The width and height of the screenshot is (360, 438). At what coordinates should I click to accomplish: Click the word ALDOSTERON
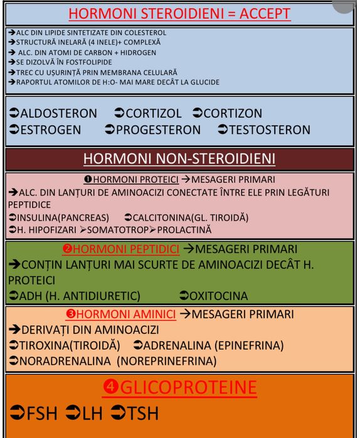(58, 113)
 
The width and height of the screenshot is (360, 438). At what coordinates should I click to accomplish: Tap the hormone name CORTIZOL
(154, 113)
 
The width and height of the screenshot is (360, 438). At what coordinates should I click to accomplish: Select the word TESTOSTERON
(270, 130)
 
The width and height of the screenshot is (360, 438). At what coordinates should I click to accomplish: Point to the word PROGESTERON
(158, 130)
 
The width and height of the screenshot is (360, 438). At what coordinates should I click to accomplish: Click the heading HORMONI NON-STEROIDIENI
(179, 158)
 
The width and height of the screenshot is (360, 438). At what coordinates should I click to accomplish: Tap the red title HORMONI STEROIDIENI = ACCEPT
(179, 13)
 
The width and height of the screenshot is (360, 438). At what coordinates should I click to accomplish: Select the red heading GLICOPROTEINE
(188, 387)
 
